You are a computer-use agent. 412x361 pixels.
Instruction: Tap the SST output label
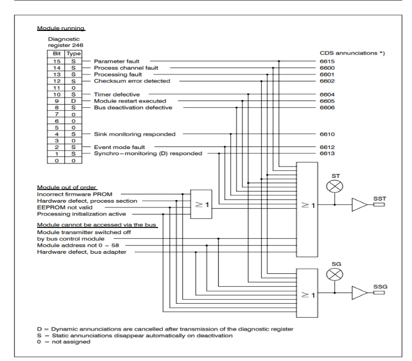(x=380, y=199)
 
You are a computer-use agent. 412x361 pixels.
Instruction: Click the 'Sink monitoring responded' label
(x=134, y=134)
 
